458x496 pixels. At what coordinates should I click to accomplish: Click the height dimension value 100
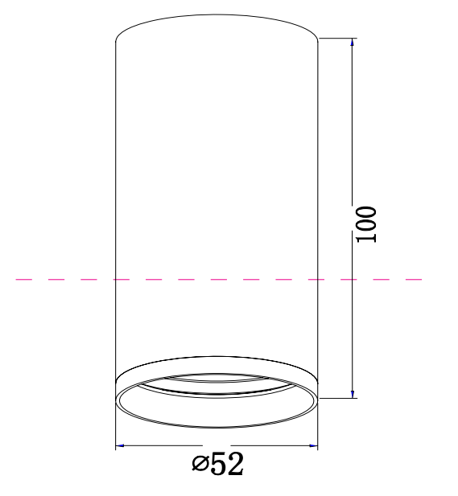coord(366,224)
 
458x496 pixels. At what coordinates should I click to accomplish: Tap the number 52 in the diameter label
coord(226,464)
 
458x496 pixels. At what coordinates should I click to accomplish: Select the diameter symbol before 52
coord(200,464)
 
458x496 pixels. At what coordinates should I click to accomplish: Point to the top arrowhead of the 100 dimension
coord(353,43)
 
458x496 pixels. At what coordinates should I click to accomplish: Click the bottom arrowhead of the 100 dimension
coord(353,392)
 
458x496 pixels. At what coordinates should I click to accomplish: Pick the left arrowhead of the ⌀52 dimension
coord(121,445)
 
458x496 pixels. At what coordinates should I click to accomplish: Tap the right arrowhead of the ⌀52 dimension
coord(313,445)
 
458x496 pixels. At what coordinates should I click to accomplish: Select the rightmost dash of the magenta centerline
coord(414,280)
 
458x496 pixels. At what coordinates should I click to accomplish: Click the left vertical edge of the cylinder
coord(116,201)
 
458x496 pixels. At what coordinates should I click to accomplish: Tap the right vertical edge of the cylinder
coord(318,201)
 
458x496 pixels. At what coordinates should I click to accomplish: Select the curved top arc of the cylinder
coord(217,15)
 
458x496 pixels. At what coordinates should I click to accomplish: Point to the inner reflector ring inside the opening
coord(217,392)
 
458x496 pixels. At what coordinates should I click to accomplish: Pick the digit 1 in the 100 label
coord(366,238)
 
